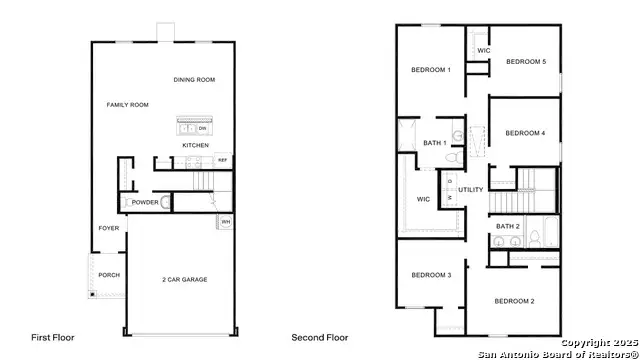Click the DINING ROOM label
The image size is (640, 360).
click(x=194, y=80)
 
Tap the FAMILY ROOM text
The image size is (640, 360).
click(x=127, y=104)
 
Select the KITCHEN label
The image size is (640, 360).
click(x=195, y=145)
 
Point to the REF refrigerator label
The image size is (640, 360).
click(x=222, y=159)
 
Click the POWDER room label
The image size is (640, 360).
click(x=145, y=201)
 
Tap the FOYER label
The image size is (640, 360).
click(x=108, y=228)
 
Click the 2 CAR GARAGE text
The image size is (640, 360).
click(x=184, y=279)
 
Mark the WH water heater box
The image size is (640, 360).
click(x=225, y=221)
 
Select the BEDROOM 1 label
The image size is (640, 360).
click(x=431, y=70)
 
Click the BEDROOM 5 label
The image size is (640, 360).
click(x=526, y=62)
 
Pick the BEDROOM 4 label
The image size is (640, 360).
click(x=524, y=133)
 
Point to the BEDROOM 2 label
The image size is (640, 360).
click(x=514, y=301)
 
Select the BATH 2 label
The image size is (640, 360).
click(x=508, y=226)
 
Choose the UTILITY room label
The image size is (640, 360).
click(x=471, y=190)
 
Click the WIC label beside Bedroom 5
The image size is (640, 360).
click(x=483, y=50)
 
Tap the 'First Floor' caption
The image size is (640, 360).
click(x=52, y=338)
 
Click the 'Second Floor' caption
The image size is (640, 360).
click(x=319, y=338)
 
